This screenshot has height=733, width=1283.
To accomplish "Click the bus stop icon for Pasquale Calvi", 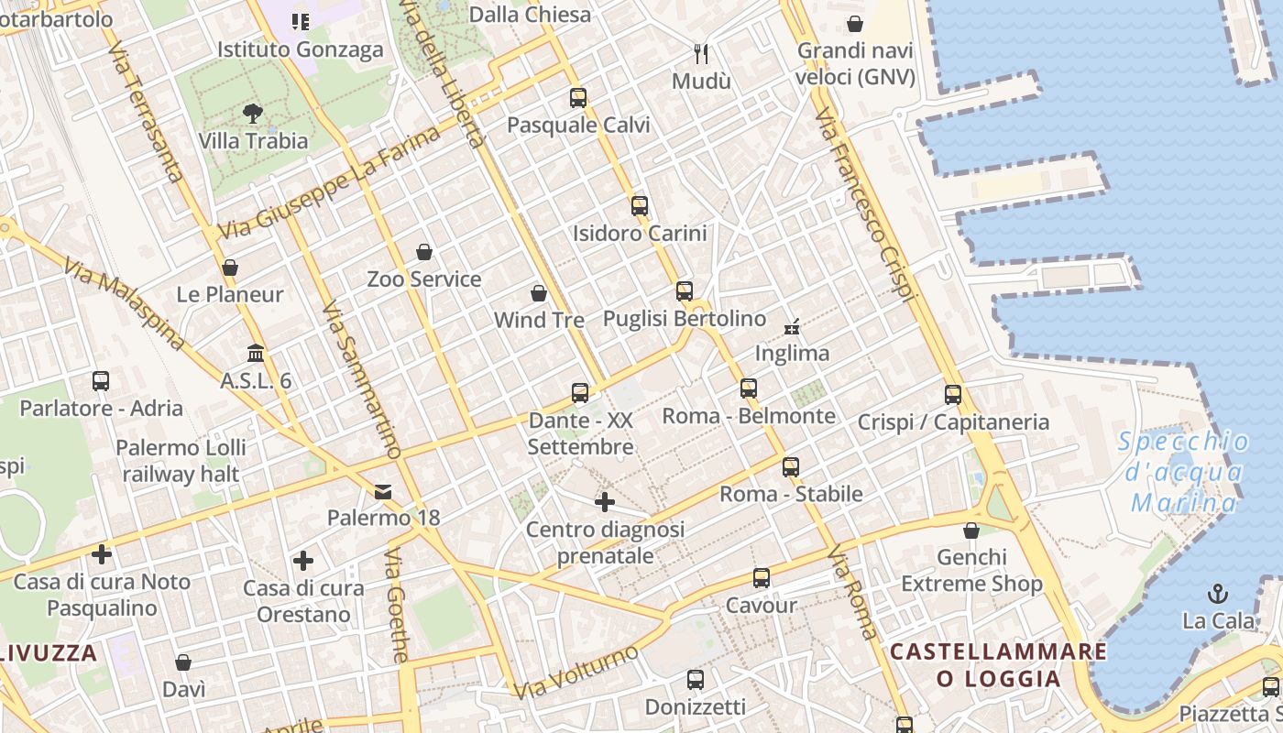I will click(x=577, y=98).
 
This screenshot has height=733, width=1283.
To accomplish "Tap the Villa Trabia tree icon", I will click(x=253, y=114).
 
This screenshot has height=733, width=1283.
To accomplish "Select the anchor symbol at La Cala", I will click(x=1218, y=594).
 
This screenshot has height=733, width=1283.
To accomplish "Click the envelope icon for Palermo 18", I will click(x=383, y=492).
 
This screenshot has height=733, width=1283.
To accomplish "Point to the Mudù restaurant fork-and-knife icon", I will click(x=702, y=54).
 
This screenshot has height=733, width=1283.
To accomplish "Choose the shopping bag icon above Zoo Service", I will click(x=423, y=252).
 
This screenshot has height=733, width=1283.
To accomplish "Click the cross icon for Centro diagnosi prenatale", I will click(x=605, y=502).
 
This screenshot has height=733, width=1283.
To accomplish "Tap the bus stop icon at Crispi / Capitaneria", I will click(x=953, y=395).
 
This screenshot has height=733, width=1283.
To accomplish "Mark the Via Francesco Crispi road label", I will click(x=865, y=205).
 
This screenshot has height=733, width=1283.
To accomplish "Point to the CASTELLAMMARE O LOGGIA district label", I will click(x=998, y=665).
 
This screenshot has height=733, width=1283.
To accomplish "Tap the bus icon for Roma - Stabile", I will click(x=791, y=467).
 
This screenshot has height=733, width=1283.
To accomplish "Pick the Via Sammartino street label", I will click(x=362, y=379).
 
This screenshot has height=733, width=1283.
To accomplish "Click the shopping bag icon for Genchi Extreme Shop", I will click(x=971, y=531).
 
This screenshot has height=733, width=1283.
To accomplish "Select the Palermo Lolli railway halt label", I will click(x=181, y=460).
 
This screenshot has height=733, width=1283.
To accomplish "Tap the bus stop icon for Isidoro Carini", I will click(x=640, y=206).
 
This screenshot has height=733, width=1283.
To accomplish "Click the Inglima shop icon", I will click(x=792, y=326).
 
